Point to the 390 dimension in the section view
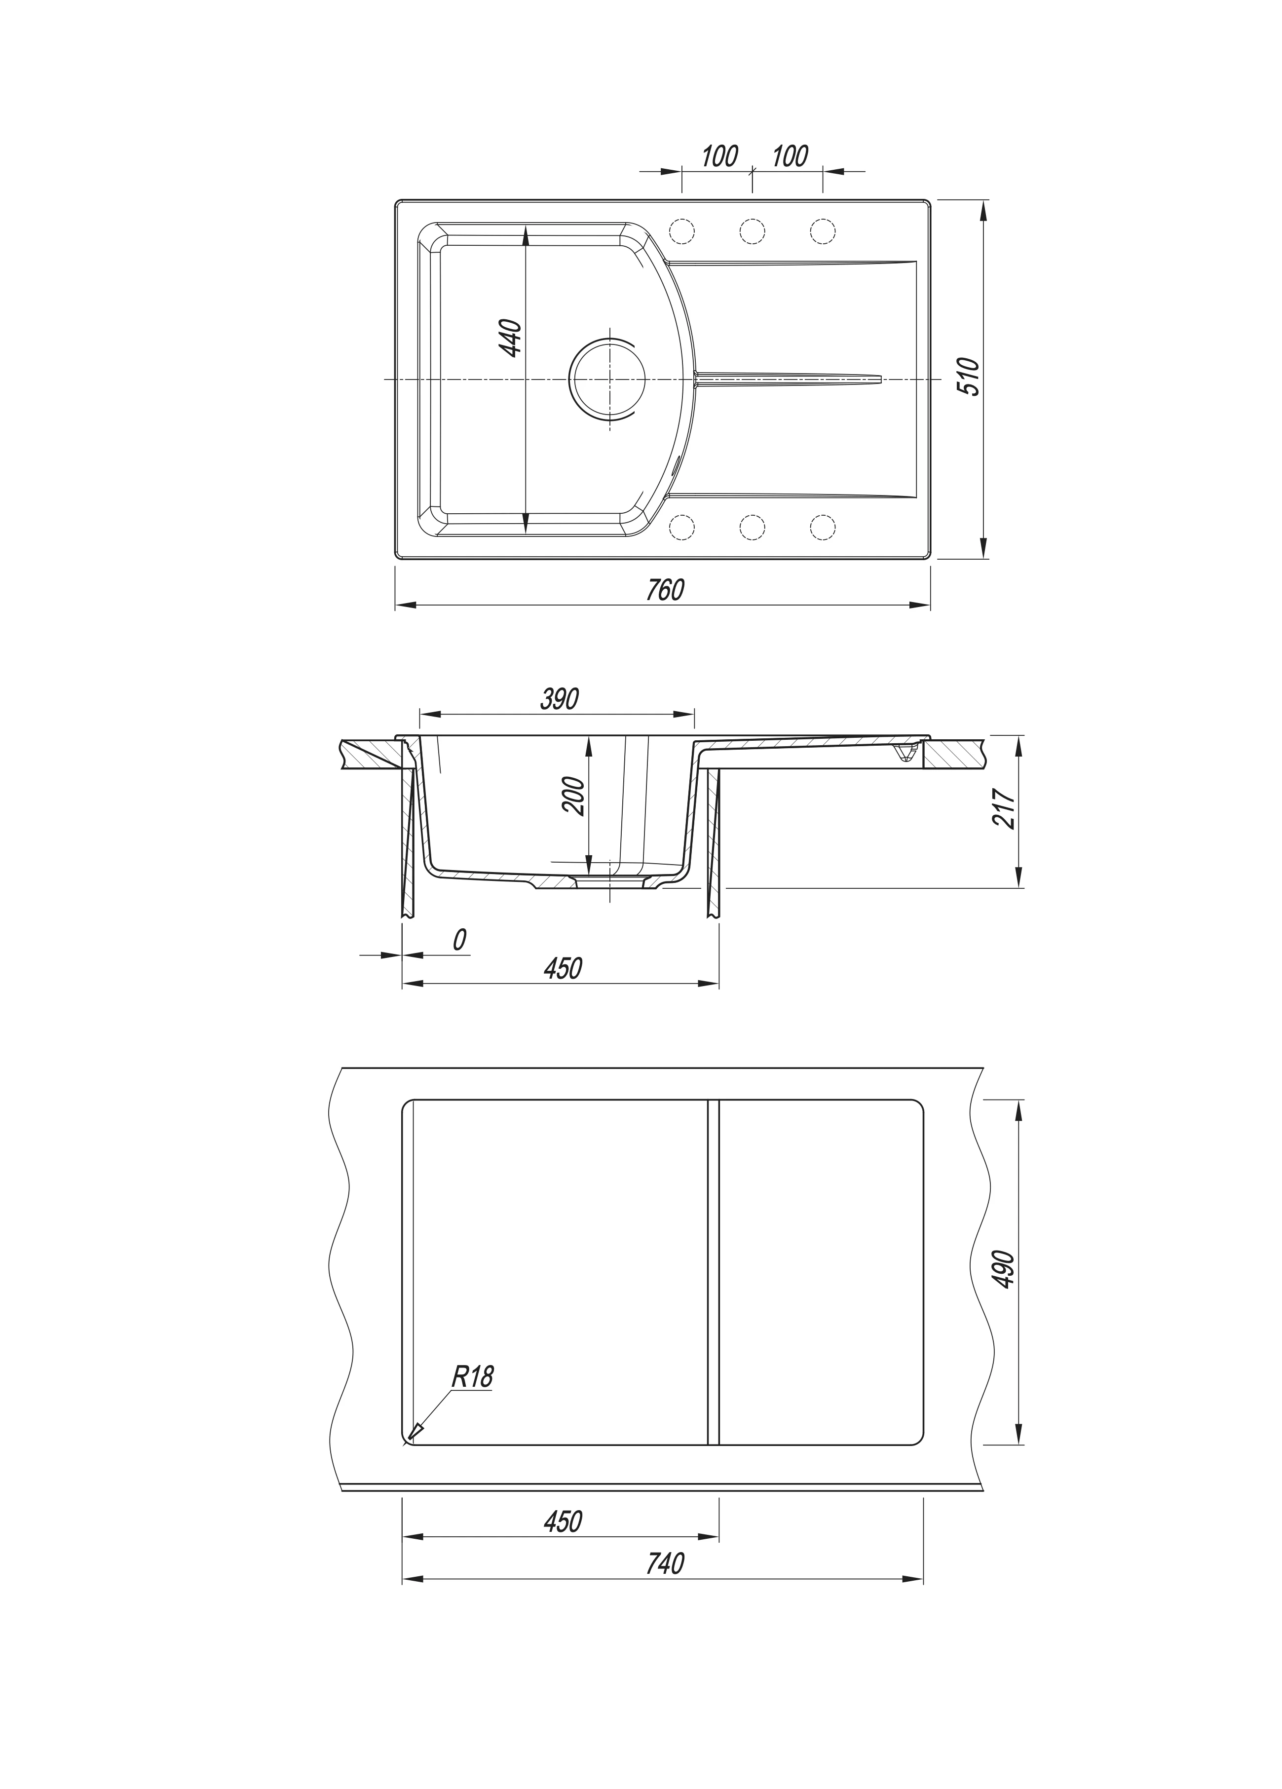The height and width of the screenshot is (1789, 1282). point(560,698)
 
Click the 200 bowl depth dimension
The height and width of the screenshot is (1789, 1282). point(573,797)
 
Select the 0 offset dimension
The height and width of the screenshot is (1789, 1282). point(459,940)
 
